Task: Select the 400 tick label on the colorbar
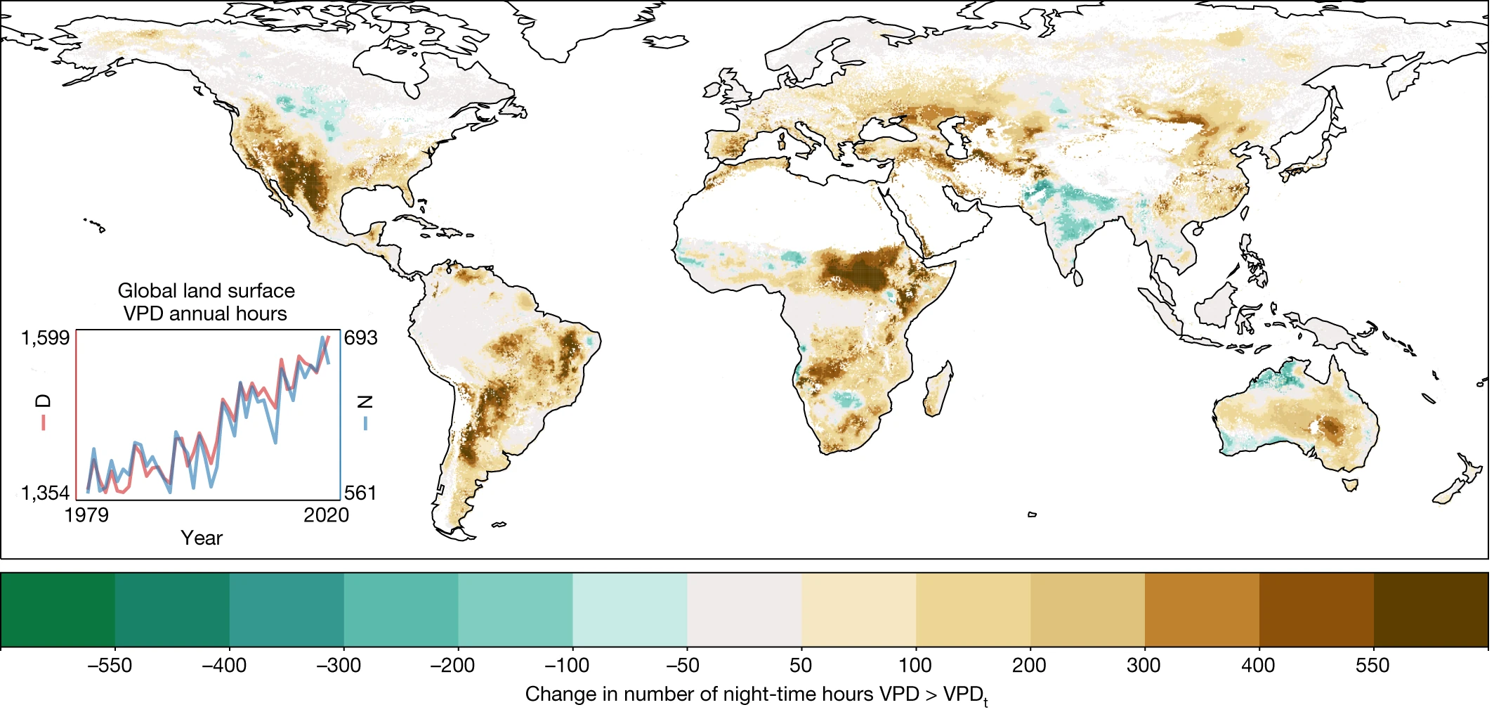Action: click(1257, 665)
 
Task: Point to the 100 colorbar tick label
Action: click(915, 665)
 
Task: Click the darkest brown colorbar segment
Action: click(1431, 609)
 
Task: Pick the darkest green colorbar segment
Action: click(58, 609)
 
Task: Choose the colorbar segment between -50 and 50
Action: click(744, 609)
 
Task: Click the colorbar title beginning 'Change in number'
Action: click(756, 694)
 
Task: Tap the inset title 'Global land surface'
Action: click(206, 290)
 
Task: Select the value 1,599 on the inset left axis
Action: click(46, 338)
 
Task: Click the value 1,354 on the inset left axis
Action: click(46, 493)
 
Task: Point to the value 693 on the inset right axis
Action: click(360, 338)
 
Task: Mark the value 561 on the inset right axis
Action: click(360, 493)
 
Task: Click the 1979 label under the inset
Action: click(86, 515)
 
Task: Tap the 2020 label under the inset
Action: click(326, 515)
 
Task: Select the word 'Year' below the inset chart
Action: click(202, 538)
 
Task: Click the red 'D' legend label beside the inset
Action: click(44, 401)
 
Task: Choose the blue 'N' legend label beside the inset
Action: click(365, 402)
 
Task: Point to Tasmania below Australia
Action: click(1349, 484)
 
